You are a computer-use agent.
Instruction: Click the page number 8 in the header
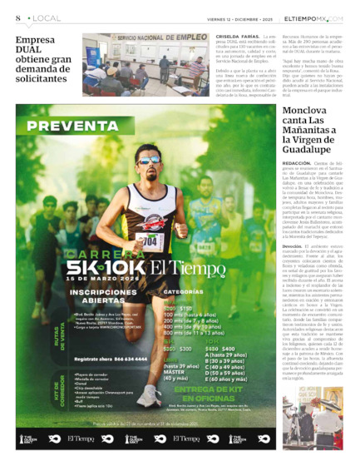point(17,17)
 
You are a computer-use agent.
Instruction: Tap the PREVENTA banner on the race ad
point(79,127)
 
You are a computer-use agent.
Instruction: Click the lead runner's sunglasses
point(150,160)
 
